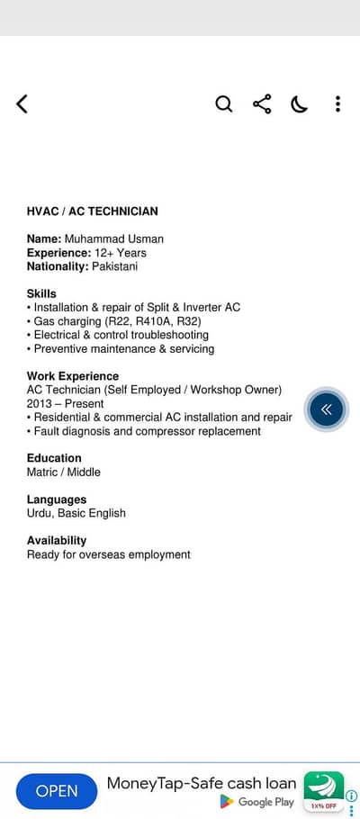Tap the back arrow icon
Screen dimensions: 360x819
[22, 104]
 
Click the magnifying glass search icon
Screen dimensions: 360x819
[224, 104]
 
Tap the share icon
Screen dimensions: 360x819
[262, 104]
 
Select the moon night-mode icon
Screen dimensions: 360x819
[300, 104]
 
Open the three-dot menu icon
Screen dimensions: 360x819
[337, 104]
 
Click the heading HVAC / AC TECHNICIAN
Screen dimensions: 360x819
[92, 211]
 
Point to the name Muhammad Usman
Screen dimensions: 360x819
[114, 239]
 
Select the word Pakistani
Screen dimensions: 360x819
[114, 266]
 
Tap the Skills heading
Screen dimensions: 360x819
[41, 293]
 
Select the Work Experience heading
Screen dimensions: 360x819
[73, 376]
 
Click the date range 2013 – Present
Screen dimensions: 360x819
[65, 404]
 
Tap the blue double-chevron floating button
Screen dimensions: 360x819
[326, 409]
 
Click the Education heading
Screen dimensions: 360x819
[54, 458]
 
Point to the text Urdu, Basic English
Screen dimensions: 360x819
[76, 513]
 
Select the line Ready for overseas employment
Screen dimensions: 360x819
[109, 554]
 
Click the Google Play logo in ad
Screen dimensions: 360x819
[227, 801]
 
